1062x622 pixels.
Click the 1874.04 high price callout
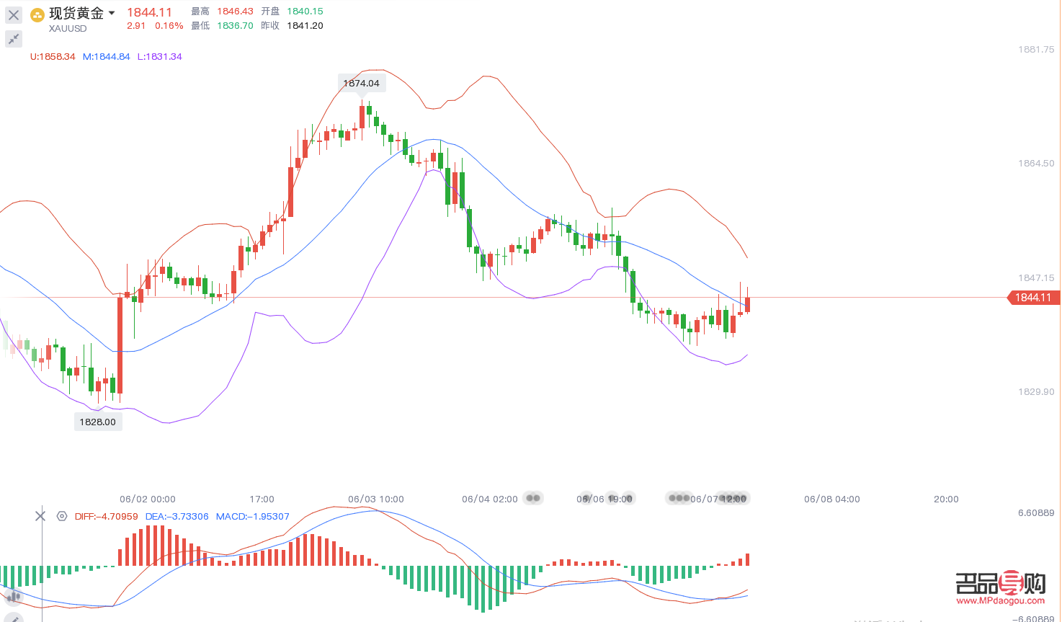(361, 83)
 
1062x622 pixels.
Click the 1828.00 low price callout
(97, 422)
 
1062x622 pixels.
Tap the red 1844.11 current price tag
(1033, 298)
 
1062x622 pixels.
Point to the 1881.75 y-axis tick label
(1035, 50)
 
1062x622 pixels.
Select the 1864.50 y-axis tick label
(1035, 164)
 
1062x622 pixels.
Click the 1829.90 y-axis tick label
(1035, 392)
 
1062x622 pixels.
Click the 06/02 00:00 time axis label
(148, 499)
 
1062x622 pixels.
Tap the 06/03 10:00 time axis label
(376, 499)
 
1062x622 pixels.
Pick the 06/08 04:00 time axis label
(832, 499)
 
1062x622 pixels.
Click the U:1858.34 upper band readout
(53, 56)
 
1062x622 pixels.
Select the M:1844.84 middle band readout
(107, 56)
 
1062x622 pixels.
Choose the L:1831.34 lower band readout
(160, 56)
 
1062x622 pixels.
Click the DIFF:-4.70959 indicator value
(107, 517)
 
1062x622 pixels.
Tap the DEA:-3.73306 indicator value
(177, 517)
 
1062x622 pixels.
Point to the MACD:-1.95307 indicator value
(253, 517)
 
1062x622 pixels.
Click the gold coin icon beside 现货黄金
(37, 14)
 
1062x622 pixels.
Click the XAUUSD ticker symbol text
(68, 29)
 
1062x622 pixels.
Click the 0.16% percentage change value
(169, 26)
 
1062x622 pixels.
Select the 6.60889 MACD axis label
(1035, 513)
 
